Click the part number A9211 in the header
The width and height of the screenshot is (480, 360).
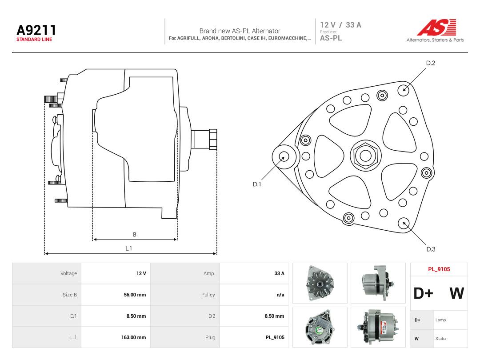click(36, 30)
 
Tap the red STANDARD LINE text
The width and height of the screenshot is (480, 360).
click(34, 40)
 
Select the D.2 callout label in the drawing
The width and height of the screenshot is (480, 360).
click(430, 63)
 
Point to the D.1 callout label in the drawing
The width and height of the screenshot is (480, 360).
click(257, 184)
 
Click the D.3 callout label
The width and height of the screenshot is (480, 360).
click(431, 249)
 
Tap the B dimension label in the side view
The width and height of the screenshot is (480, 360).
click(134, 235)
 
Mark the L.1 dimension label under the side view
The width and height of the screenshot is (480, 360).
click(128, 248)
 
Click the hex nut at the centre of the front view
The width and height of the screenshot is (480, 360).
click(365, 156)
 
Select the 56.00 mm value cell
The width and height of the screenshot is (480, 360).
click(135, 295)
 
